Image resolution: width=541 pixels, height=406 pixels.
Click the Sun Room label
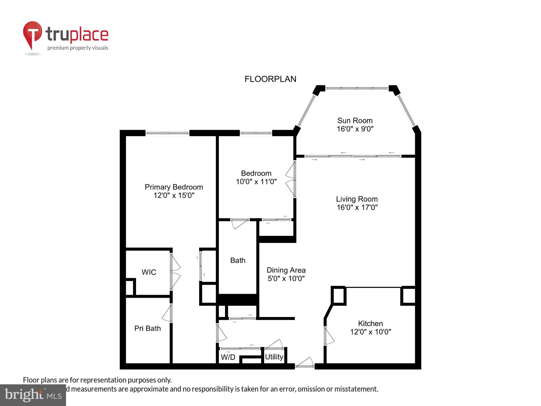[x=355, y=121]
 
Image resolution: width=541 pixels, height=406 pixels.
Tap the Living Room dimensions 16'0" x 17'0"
[x=357, y=207]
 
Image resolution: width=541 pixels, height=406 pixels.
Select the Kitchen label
[x=370, y=323]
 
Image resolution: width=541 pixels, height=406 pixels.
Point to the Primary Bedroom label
[x=174, y=187]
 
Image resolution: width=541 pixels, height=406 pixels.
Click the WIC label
[x=149, y=272]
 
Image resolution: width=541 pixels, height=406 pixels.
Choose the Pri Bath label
[x=147, y=328]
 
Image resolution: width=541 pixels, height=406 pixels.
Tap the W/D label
[x=228, y=357]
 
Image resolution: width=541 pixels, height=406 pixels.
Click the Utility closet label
[x=274, y=357]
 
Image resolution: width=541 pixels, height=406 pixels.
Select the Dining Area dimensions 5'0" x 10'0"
[x=286, y=279]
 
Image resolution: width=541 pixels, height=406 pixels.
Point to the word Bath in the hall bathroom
[x=238, y=260]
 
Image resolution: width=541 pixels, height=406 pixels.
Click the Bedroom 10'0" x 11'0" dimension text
[x=256, y=182]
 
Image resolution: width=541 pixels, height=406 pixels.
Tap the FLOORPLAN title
[x=270, y=79]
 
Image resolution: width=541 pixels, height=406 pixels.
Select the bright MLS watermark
[x=33, y=395]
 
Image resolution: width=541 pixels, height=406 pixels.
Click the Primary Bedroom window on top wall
[x=167, y=133]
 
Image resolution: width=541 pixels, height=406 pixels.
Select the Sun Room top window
[x=357, y=88]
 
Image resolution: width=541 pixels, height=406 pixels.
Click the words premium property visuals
[x=78, y=48]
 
